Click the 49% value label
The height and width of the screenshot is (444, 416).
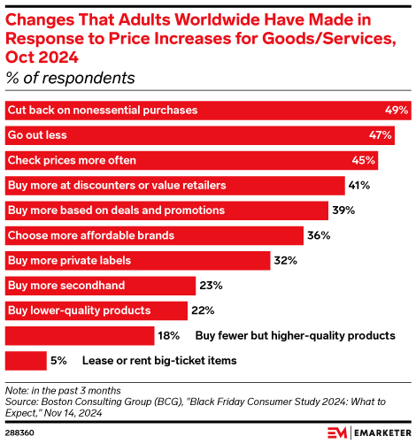(397, 111)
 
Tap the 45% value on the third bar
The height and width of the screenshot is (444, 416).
(364, 160)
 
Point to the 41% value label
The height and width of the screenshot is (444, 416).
(358, 186)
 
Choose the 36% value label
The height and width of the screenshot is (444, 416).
(319, 235)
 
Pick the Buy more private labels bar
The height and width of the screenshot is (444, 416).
(137, 260)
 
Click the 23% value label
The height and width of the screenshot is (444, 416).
(210, 286)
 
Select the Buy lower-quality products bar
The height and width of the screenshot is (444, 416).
(96, 310)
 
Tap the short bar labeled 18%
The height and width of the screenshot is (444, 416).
(80, 335)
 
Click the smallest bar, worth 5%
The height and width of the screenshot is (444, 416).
(26, 361)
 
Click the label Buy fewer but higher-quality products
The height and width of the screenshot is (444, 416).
(294, 336)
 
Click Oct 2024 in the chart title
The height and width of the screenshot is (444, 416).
(36, 56)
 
